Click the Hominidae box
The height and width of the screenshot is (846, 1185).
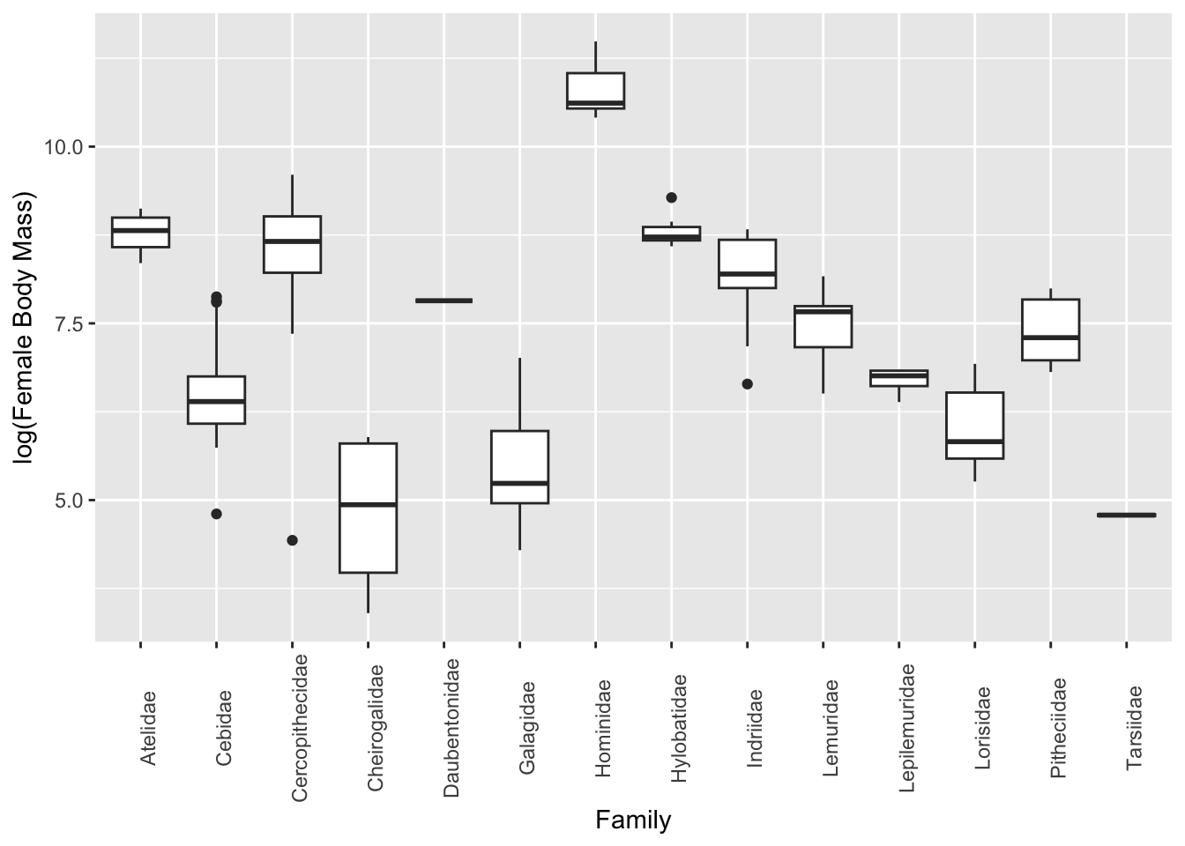coord(595,91)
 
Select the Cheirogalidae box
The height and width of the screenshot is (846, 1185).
coord(368,508)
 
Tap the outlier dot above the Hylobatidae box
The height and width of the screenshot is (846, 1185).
coord(672,197)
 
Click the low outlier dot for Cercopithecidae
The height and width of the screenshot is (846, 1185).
coord(292,540)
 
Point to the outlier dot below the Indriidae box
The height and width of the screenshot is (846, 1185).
coord(748,384)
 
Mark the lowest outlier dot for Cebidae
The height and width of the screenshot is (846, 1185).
coord(216,514)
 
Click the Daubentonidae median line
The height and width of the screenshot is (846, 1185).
coord(443,301)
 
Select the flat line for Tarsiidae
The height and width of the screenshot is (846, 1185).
coord(1126,515)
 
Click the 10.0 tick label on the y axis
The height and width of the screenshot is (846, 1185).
coord(63,146)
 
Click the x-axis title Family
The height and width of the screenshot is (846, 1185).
coord(633,820)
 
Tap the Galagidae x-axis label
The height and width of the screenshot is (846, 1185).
coord(527,728)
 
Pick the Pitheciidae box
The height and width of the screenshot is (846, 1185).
coord(1050,330)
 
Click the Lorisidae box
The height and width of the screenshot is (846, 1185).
coord(974,426)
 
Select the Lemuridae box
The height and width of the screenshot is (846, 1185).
coord(823,327)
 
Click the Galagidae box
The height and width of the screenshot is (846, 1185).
coord(519,467)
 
